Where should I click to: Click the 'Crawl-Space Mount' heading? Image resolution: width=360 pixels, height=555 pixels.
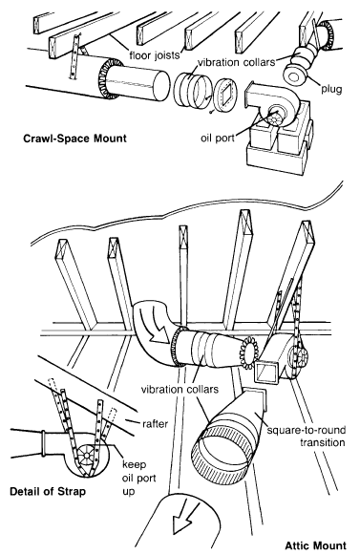click(x=74, y=138)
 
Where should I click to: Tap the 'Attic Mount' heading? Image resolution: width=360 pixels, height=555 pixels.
click(x=315, y=545)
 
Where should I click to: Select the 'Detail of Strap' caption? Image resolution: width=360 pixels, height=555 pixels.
click(x=48, y=491)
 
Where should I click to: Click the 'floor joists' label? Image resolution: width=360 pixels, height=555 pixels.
click(x=155, y=55)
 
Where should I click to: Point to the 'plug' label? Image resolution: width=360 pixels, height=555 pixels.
click(x=331, y=89)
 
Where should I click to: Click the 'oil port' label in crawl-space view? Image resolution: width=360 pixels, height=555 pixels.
click(x=218, y=138)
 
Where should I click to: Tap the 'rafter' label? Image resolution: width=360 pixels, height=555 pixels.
click(x=155, y=423)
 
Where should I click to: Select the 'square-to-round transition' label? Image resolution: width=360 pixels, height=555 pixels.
click(x=307, y=436)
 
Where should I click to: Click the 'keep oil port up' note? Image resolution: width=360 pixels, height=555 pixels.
click(x=138, y=478)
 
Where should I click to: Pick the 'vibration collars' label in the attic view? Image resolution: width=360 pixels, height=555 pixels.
click(x=180, y=390)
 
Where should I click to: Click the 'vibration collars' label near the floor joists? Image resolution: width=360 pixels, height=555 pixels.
click(x=236, y=62)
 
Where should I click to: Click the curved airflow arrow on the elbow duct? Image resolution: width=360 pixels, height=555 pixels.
click(x=155, y=326)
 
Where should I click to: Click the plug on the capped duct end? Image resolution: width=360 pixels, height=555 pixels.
click(x=294, y=76)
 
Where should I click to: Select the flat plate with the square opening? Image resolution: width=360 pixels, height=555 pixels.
click(x=225, y=96)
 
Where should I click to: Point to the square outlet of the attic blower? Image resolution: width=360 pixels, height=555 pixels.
click(x=267, y=372)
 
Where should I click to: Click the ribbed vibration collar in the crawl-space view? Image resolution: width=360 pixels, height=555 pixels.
click(x=190, y=89)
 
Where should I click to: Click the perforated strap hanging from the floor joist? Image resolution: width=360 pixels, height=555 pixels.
click(x=74, y=55)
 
